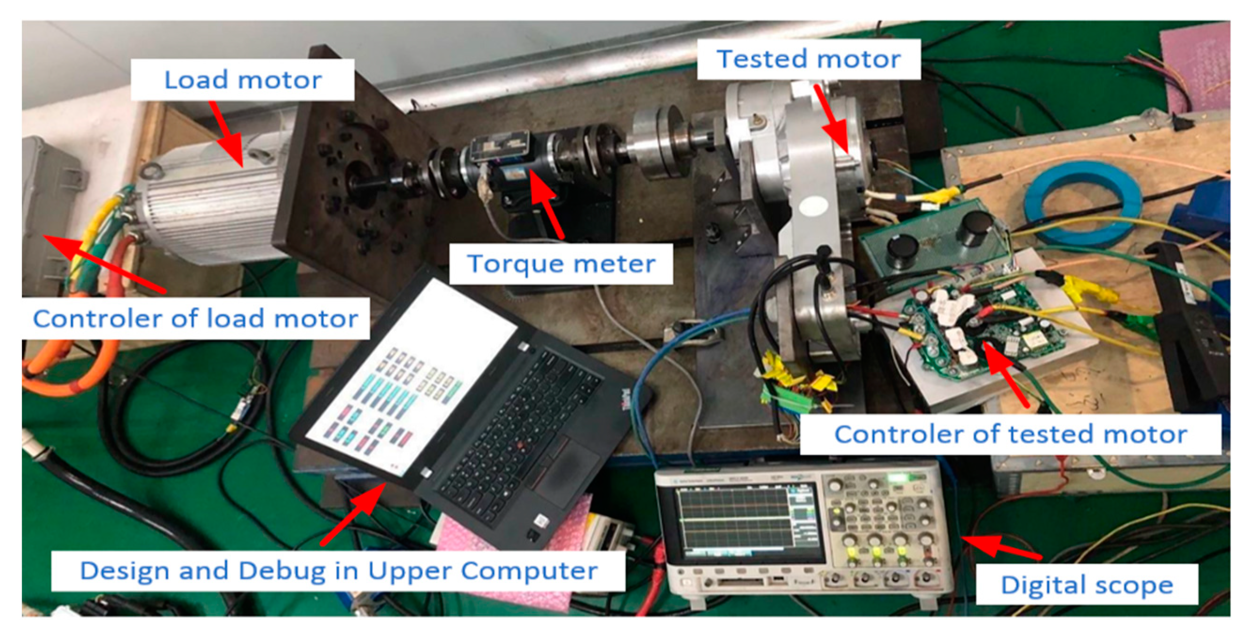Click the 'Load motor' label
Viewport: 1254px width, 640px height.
click(x=242, y=80)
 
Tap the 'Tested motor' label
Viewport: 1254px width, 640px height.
click(x=808, y=59)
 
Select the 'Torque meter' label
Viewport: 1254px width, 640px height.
click(x=561, y=264)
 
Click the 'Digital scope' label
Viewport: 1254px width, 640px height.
click(x=1087, y=585)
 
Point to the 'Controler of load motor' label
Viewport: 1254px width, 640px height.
click(x=195, y=319)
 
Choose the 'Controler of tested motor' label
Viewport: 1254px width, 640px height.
click(x=1010, y=434)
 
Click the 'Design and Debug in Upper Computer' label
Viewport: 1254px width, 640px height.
click(x=338, y=571)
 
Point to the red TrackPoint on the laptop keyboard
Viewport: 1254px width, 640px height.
click(x=520, y=444)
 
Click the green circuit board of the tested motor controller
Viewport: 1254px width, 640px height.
click(x=978, y=326)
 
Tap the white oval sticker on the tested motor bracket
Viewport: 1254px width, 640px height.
click(x=813, y=206)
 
